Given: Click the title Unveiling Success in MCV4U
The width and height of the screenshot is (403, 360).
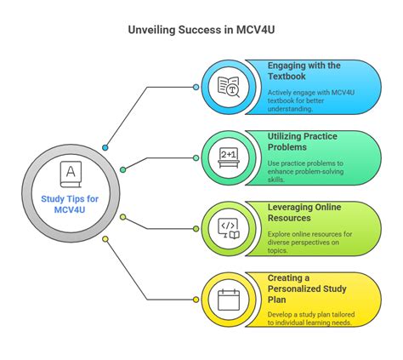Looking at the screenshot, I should pos(201,30).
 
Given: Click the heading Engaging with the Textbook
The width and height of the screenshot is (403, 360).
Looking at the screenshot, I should pos(304,72).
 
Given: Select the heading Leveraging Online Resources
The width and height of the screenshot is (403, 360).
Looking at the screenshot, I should pos(304,212).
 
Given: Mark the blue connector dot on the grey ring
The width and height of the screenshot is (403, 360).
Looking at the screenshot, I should pos(105,148).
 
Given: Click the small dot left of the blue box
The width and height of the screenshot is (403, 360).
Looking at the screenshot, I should pos(196,87).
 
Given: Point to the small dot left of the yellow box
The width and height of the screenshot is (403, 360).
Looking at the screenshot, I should pos(196,300).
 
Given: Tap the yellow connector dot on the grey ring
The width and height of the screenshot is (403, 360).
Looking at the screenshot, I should pos(105,239).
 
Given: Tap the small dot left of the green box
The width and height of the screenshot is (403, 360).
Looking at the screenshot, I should pos(196,157).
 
